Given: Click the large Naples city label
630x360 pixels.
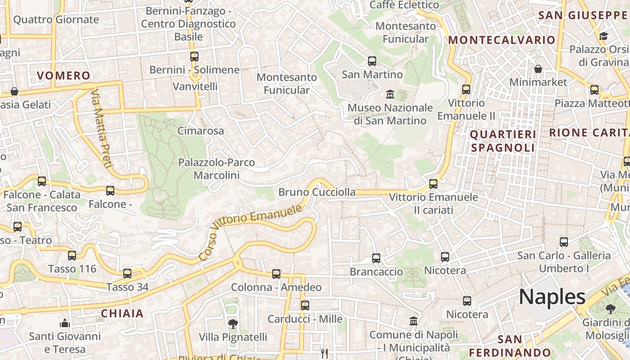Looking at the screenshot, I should (552, 297).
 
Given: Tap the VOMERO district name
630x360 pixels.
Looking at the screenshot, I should (63, 76).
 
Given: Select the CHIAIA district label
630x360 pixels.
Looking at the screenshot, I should (122, 314).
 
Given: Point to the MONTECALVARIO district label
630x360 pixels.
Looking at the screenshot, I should (502, 40).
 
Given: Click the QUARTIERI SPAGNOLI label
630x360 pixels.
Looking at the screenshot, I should (503, 141).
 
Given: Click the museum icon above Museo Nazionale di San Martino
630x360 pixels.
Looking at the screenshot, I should (390, 94).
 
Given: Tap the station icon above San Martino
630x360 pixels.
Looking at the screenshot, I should (372, 61).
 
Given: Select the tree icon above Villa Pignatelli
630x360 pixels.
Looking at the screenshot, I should (233, 324).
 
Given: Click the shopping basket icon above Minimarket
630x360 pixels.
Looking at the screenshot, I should (538, 69).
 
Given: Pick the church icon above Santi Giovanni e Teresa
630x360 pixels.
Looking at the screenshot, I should (65, 323).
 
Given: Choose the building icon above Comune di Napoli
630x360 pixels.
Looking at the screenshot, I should (414, 321).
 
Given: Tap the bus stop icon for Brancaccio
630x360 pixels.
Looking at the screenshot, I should (376, 258).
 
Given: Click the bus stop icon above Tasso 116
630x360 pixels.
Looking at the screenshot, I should (72, 256).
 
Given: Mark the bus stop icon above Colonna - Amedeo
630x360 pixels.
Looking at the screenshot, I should (276, 274).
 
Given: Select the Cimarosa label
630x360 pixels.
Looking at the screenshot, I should (201, 131).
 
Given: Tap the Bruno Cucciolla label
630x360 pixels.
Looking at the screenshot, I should (317, 192).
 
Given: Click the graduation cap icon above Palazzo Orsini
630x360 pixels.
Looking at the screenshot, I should (603, 36).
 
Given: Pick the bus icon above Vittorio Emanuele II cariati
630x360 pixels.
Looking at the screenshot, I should (433, 184).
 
